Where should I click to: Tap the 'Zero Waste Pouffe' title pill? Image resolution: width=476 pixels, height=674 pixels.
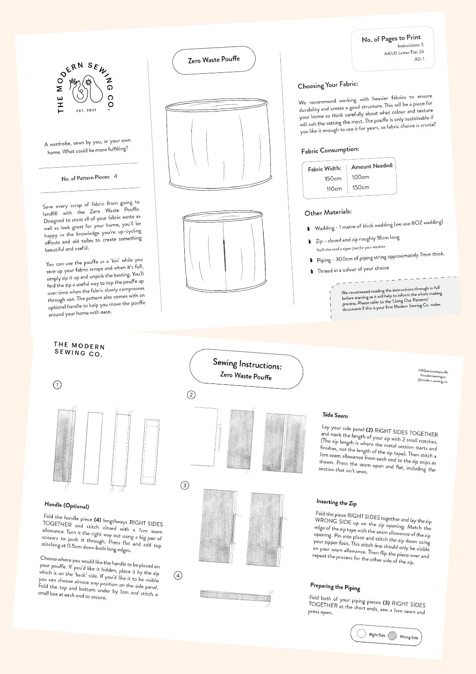pos(214,60)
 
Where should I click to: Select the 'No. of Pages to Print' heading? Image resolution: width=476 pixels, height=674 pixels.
pos(391,38)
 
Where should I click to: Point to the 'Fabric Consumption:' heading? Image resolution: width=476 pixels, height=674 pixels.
pos(330,151)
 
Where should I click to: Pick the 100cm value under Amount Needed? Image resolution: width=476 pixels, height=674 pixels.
pos(360,177)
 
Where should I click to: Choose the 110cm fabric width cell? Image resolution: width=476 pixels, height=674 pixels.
pos(334,189)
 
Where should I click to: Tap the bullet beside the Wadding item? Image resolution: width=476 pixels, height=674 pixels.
pos(308,229)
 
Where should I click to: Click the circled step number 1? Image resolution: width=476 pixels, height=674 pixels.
pos(57,384)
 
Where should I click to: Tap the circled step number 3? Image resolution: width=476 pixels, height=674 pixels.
pos(185,485)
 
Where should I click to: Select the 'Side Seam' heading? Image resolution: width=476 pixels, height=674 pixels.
pos(335,415)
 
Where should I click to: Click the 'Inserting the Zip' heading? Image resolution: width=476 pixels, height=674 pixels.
pos(336,503)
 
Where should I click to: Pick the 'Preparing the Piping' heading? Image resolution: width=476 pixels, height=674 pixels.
pos(335,586)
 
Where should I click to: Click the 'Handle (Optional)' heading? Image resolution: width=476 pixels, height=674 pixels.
pos(67,505)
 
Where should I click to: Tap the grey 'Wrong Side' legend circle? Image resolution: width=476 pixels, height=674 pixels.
pos(392,635)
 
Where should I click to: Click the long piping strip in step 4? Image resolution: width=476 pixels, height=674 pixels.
pos(236,595)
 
